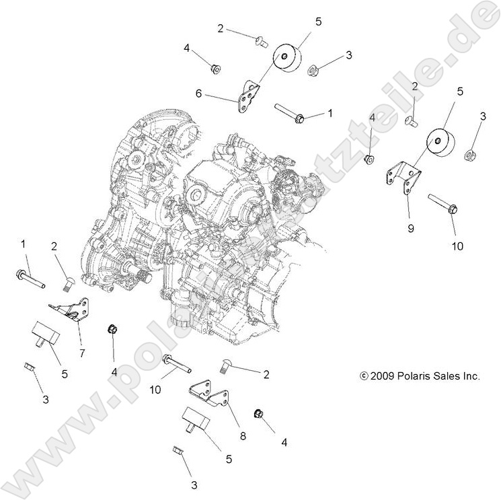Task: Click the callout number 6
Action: tap(198, 94)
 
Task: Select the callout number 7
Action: tap(82, 353)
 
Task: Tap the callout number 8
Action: tap(242, 436)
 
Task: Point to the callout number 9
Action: tap(410, 228)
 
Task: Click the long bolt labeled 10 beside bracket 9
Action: tap(442, 203)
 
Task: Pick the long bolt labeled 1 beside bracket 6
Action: tap(290, 113)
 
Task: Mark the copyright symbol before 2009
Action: tap(364, 377)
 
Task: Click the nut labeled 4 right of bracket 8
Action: tap(258, 413)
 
